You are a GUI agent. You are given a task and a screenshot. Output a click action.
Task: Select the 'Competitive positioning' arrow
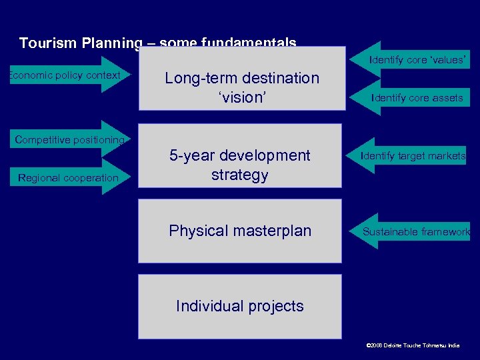(x=70, y=140)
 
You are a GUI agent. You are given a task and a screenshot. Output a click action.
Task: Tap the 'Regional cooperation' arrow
(x=69, y=177)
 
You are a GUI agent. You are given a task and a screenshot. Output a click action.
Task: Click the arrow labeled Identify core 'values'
(x=417, y=60)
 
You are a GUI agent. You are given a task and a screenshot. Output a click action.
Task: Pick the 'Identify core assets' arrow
(x=417, y=98)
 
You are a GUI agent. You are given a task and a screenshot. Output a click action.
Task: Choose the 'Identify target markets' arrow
(x=413, y=156)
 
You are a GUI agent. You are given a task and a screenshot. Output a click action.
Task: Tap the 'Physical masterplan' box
(x=240, y=231)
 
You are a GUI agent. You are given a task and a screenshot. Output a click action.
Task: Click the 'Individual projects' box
(x=240, y=306)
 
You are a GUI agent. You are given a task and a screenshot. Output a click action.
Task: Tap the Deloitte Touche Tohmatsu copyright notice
(x=413, y=345)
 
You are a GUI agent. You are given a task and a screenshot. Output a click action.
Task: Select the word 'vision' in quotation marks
(x=241, y=97)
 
